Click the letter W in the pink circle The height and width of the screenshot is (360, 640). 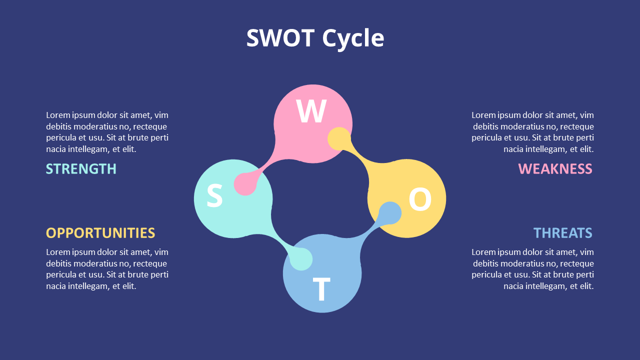311,111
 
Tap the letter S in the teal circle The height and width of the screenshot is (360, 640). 214,196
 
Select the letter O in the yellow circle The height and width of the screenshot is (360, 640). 420,199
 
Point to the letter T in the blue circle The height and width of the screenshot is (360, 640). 321,289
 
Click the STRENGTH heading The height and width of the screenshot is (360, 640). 81,169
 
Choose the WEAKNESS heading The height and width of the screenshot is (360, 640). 555,169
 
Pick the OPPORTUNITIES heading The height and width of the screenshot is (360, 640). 100,233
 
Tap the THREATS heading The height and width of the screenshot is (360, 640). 562,233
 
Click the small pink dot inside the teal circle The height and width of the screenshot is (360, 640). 245,184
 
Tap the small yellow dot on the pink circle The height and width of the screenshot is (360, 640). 339,138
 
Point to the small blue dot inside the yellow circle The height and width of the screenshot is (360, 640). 390,213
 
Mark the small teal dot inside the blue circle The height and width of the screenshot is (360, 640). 301,259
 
